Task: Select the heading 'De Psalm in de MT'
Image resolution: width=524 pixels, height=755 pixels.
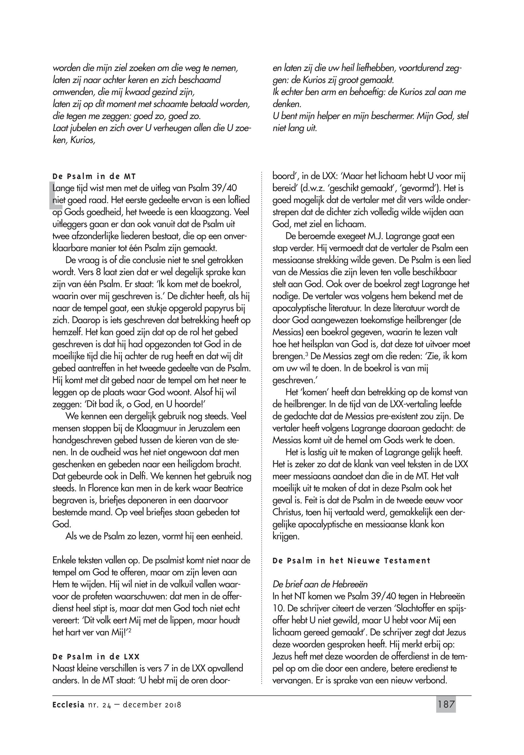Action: pyautogui.click(x=94, y=177)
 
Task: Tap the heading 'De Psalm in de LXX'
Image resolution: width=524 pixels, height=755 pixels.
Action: pyautogui.click(x=96, y=657)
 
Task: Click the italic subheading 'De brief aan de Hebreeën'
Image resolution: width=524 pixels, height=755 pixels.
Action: pyautogui.click(x=320, y=584)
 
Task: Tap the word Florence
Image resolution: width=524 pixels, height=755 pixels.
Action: pyautogui.click(x=99, y=488)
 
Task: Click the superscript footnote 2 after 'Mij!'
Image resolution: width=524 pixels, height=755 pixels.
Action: pyautogui.click(x=130, y=630)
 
